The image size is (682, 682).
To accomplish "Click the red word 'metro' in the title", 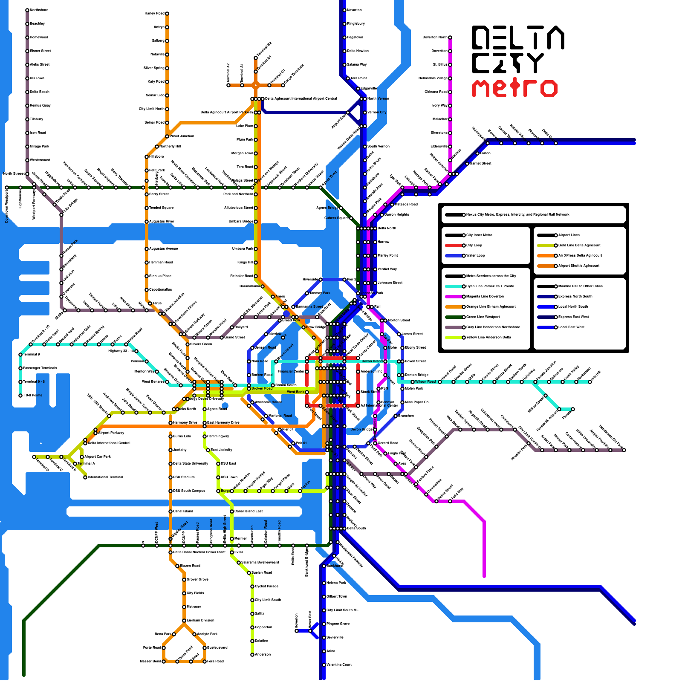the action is (x=514, y=88).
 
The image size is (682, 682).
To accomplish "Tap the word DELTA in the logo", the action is (x=518, y=38).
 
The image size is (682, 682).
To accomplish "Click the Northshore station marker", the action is (x=27, y=10).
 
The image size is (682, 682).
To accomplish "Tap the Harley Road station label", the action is (x=154, y=14).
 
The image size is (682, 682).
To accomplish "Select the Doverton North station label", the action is (x=435, y=38).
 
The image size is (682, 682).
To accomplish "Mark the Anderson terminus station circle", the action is (x=252, y=655).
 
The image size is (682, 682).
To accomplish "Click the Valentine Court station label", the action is (x=339, y=665).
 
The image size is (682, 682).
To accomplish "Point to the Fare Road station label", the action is (x=215, y=662).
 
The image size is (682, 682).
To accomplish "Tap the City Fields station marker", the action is (x=184, y=593).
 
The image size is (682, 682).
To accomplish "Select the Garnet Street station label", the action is (x=480, y=164).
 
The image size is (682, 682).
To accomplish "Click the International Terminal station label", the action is (x=106, y=477).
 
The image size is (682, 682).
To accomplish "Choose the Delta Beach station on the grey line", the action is (x=27, y=92).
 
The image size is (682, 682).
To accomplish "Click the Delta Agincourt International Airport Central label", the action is (x=301, y=99).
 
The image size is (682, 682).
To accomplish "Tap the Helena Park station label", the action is (x=336, y=583).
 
